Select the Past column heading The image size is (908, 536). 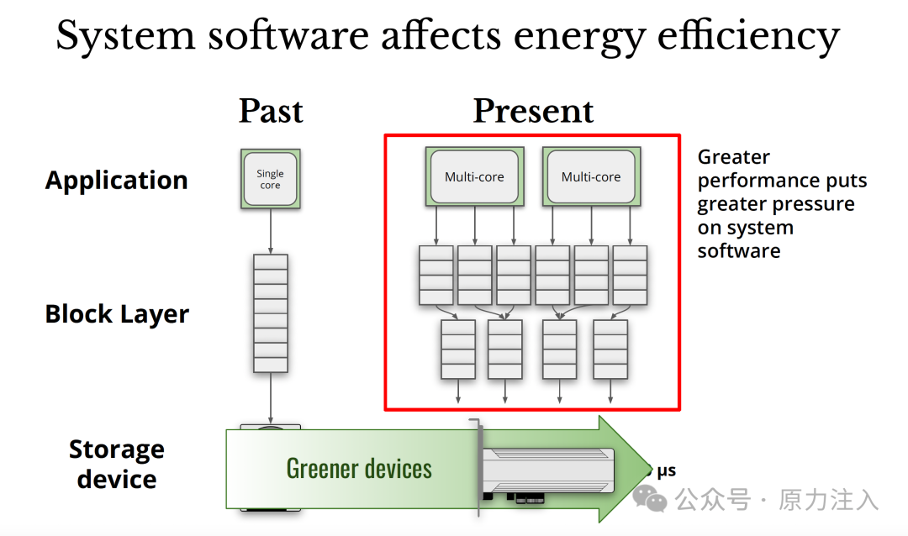tap(271, 111)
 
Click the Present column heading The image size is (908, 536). tap(533, 111)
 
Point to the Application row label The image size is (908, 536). tap(116, 180)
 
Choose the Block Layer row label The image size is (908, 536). tap(117, 314)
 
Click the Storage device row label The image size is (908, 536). tap(116, 464)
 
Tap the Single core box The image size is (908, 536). tap(270, 179)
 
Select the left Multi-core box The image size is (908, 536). tap(474, 177)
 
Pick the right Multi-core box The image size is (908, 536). tap(591, 177)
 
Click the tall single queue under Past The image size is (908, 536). tap(270, 313)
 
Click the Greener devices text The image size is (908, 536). tap(359, 468)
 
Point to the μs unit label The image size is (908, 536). tap(666, 471)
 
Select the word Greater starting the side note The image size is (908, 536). tap(733, 157)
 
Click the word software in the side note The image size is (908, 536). tap(738, 251)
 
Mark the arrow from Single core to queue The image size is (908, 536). tap(270, 232)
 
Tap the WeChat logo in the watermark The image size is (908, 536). tap(650, 500)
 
